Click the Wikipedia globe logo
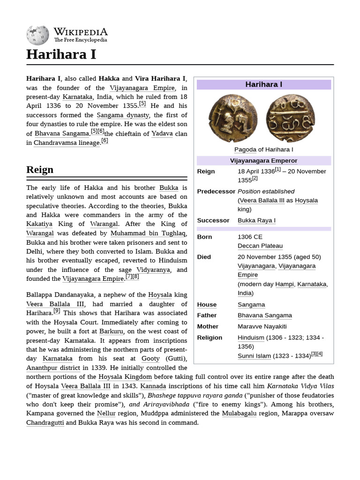point(37,35)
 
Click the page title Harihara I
point(61,54)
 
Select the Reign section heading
point(40,169)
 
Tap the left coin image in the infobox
point(233,119)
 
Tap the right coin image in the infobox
point(290,119)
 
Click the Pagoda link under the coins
point(245,150)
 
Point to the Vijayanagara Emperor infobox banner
point(263,160)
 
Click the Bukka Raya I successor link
point(256,220)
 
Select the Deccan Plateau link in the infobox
point(260,246)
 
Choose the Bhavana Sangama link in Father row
point(264,315)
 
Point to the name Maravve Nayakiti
point(262,326)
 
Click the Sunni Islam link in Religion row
point(254,356)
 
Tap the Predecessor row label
point(216,191)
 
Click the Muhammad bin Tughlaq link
point(149,233)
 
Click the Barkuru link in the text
point(112,331)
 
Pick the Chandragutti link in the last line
point(45,422)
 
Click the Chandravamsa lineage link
point(67,142)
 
